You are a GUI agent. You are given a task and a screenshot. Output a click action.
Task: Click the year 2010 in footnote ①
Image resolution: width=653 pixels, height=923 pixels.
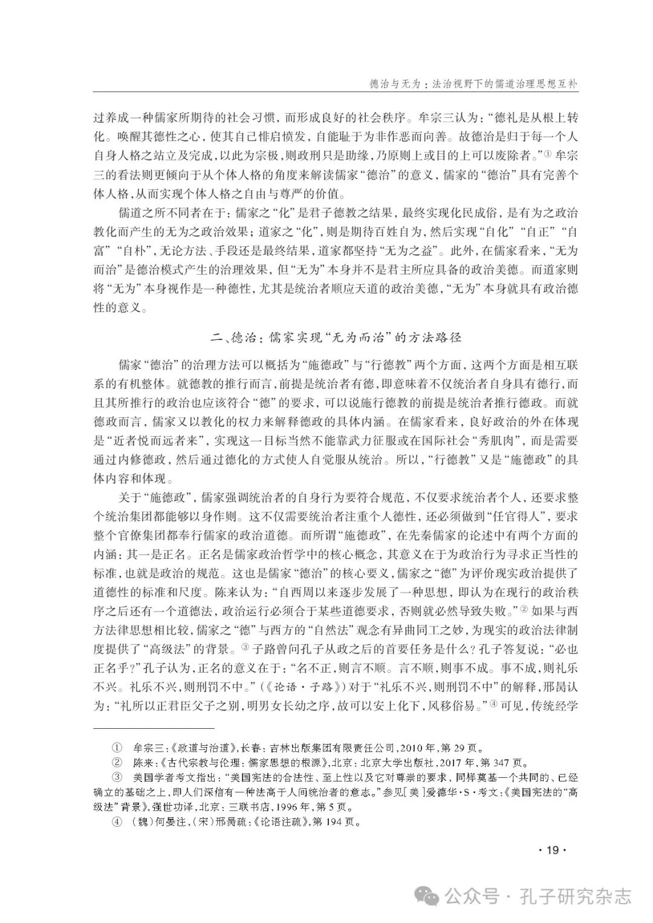409,748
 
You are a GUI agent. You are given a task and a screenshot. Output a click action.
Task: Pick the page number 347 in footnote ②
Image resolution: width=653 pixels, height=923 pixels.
491,762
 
